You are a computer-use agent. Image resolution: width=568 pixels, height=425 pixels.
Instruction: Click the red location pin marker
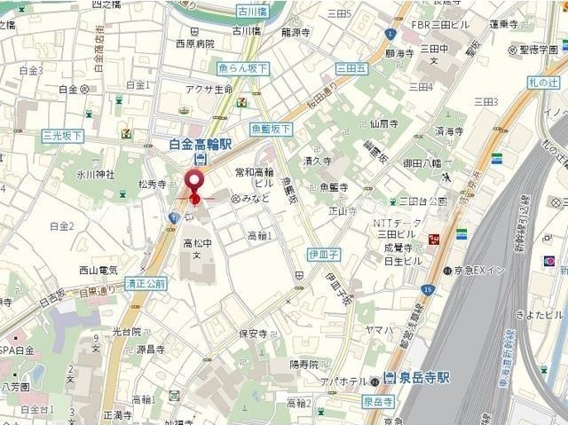point(193,180)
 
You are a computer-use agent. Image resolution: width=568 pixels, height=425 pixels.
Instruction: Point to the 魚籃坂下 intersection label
point(271,129)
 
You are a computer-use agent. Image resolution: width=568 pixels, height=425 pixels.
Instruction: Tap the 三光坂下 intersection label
point(62,136)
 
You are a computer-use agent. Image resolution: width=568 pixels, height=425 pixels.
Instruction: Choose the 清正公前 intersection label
point(146,284)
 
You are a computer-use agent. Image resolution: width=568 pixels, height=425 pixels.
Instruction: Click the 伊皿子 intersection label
point(325,253)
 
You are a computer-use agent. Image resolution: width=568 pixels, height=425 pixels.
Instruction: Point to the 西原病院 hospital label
point(194,43)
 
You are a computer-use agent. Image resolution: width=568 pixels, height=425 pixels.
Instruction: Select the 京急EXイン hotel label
point(485,271)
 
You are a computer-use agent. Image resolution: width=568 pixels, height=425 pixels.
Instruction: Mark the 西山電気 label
point(99,270)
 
